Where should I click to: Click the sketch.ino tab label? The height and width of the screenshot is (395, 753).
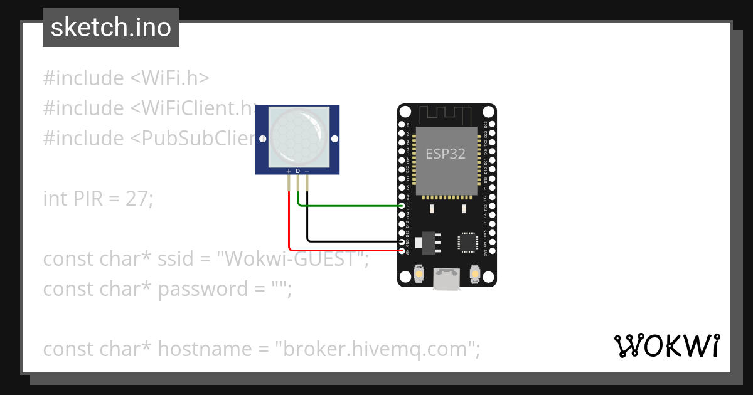tap(111, 28)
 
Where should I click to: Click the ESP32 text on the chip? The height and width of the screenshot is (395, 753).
tap(446, 154)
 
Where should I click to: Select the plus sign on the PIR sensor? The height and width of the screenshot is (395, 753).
tap(289, 171)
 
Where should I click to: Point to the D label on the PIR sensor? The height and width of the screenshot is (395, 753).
tap(298, 171)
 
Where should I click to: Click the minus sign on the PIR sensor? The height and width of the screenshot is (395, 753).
tap(307, 171)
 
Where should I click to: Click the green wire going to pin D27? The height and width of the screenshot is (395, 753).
tap(351, 206)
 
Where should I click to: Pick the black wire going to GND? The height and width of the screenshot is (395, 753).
tap(351, 241)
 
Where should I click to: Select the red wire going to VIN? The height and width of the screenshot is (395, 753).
tap(345, 250)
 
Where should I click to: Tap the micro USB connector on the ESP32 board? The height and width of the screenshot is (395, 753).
tap(447, 280)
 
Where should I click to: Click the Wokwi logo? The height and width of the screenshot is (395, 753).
tap(666, 345)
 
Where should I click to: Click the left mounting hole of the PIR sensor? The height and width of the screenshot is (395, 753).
tap(261, 139)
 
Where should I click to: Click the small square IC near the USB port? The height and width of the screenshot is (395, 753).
tap(467, 242)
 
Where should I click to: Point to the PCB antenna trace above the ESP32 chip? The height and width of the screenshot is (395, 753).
tap(446, 115)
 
